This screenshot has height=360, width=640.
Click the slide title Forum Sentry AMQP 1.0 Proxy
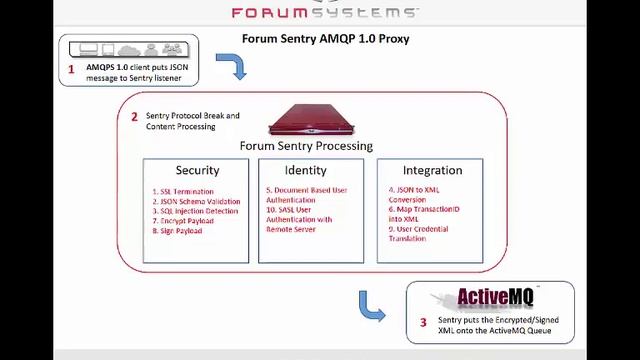[x=325, y=39]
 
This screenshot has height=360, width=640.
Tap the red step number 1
[x=71, y=70]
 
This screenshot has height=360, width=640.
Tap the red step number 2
[x=134, y=116]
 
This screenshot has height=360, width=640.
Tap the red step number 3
[x=423, y=322]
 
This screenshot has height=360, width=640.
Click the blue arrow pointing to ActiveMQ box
[x=371, y=306]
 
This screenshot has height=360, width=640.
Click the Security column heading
[x=197, y=170]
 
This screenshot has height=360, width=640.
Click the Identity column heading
[x=305, y=170]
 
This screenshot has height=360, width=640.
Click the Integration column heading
[x=432, y=170]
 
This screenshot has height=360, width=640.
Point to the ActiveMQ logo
[x=495, y=298]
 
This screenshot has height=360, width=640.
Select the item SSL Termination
[x=186, y=191]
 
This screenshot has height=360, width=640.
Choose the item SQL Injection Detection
[x=199, y=211]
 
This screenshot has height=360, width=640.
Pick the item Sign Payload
[x=181, y=231]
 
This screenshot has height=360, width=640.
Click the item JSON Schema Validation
[x=200, y=201]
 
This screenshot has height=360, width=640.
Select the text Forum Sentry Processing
[x=306, y=146]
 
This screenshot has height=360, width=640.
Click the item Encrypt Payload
[x=186, y=221]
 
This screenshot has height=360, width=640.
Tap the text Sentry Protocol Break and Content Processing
[x=192, y=121]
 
